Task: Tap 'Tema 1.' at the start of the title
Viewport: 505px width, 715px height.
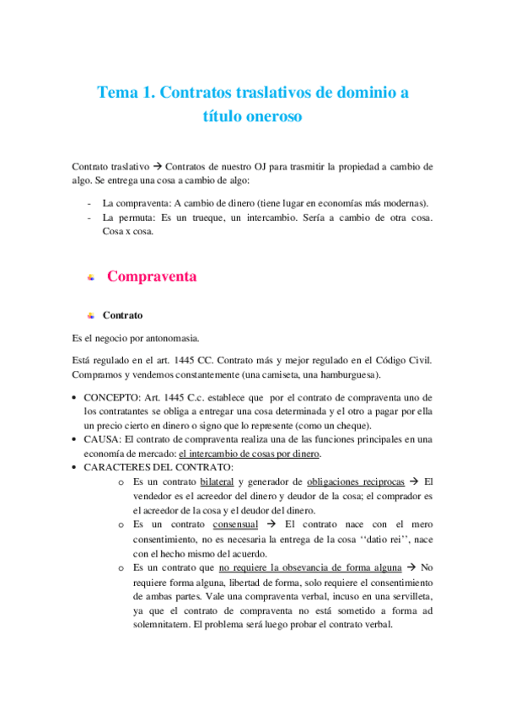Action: [126, 92]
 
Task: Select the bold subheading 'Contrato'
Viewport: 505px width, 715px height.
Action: [122, 315]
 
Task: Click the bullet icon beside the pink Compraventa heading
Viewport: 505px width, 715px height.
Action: [90, 277]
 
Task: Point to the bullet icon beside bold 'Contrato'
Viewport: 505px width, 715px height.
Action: [90, 316]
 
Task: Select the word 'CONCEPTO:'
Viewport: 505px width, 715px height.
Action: [110, 397]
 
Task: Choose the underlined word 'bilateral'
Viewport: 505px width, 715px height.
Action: [218, 481]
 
